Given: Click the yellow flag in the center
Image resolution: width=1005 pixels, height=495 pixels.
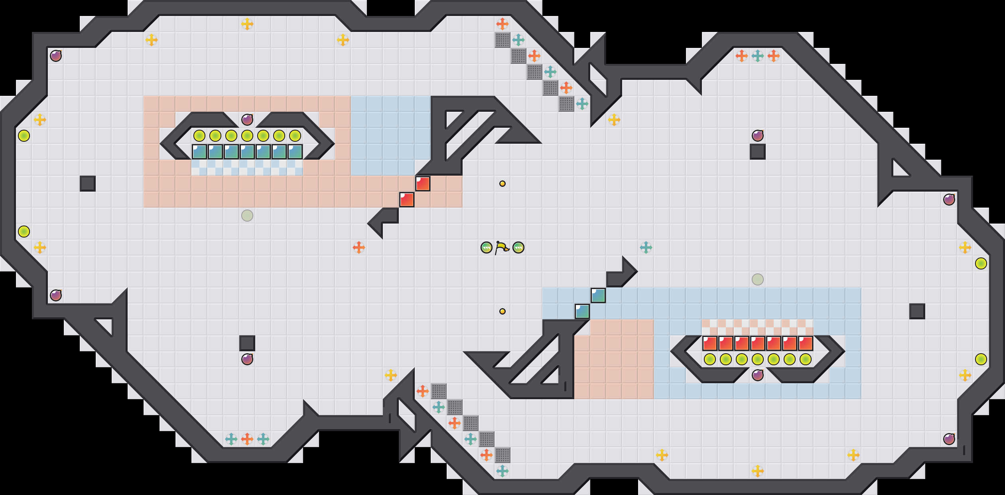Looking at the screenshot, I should pos(502,247).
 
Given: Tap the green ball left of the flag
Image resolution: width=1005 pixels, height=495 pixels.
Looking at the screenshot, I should pos(487,247).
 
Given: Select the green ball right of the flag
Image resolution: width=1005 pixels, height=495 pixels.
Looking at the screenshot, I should pos(518,247).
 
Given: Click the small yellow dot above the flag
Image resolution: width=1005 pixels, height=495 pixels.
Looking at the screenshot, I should pos(503,184).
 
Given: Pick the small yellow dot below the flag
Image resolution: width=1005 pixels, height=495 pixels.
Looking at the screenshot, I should pos(503,311).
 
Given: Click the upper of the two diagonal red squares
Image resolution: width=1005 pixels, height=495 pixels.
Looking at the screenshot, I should pos(423,184).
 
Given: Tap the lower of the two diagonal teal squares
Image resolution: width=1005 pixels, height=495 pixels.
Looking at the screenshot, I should pos(582,311).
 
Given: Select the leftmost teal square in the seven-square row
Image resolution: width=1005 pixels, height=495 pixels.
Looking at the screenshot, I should pos(199,152).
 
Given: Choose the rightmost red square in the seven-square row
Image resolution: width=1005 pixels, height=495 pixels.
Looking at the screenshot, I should pos(806,343).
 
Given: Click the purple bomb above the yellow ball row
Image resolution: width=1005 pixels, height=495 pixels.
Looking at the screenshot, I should pos(247,119).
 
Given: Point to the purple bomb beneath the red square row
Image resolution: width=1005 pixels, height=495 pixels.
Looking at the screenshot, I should pos(758,375).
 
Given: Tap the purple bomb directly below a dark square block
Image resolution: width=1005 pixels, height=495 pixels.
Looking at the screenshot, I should pos(247,359).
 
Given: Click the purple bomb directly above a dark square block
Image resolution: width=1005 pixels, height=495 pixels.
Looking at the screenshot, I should pos(758,135).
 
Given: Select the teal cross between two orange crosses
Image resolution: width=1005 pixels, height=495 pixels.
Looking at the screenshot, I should pos(758,56).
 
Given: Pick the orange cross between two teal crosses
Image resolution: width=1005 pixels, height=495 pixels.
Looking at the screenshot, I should pos(247,439).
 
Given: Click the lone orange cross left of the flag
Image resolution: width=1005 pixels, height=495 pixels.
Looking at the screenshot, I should pos(359,247).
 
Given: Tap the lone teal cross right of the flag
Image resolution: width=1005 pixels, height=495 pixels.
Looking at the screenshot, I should pos(646,247).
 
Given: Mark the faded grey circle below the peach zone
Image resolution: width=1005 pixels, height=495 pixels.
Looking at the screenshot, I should pos(247,216).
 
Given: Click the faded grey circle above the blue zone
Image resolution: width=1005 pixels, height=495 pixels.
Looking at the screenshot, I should pos(758,279).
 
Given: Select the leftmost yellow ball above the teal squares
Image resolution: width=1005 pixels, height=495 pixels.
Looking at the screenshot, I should pos(199,136).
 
